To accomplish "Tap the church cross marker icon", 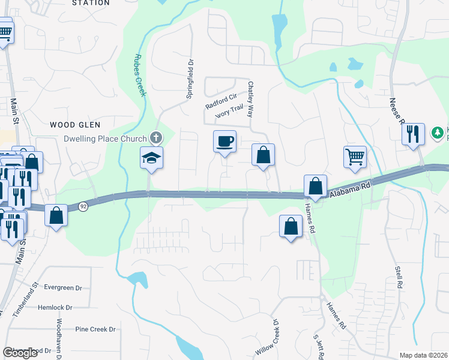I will coord(156,138).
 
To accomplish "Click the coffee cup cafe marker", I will coord(224,142).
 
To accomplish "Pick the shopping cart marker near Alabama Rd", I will coord(355,157).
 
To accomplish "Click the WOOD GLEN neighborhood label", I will coord(70,125).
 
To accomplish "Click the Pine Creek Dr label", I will coord(95,329).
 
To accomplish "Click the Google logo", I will coord(20,353).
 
